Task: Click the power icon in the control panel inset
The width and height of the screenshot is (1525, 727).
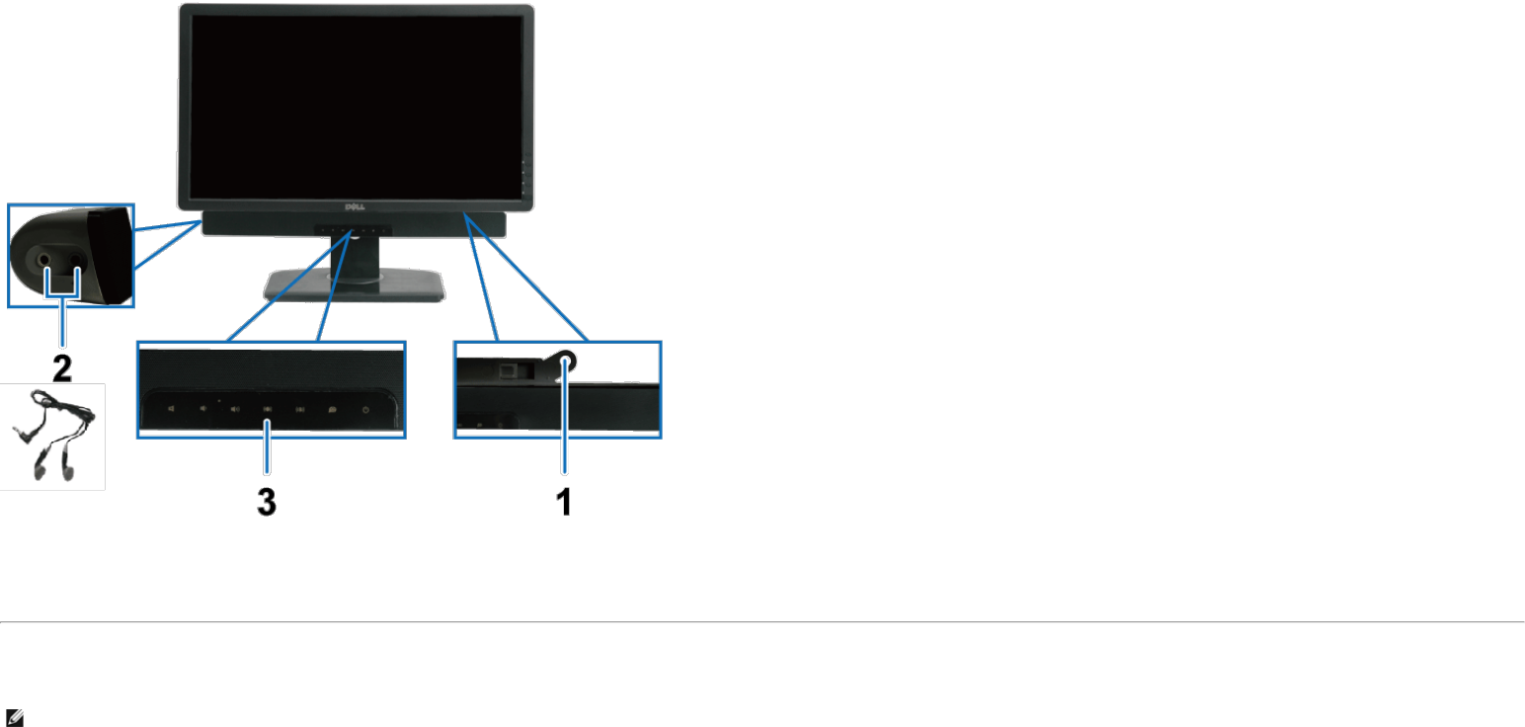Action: [x=366, y=409]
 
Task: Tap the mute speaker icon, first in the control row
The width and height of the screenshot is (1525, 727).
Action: [x=169, y=409]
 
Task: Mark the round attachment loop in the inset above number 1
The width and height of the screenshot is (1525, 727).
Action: [x=567, y=362]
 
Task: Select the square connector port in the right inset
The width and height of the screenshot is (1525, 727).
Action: [x=511, y=366]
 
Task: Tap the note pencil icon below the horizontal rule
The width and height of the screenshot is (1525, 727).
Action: [x=14, y=719]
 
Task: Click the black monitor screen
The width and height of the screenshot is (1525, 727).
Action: [x=356, y=104]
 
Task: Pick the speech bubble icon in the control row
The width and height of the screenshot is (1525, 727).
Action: [x=333, y=409]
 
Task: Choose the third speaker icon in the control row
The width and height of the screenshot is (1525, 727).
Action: [x=235, y=409]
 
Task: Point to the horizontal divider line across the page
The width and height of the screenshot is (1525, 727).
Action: [x=762, y=622]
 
